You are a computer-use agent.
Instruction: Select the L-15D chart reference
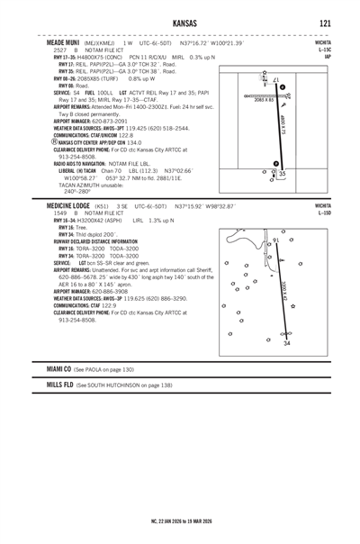[x=324, y=213]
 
